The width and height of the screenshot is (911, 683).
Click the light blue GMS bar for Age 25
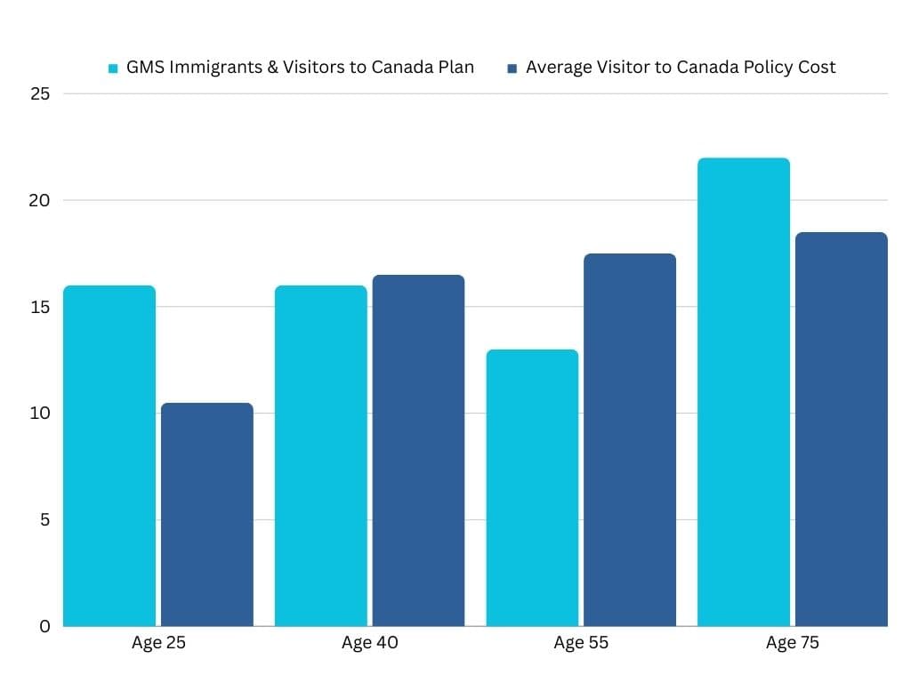tap(109, 455)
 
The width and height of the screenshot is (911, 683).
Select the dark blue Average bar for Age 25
tap(206, 514)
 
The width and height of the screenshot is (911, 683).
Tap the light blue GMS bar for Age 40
tap(320, 455)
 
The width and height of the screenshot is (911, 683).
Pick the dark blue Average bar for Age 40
tap(418, 450)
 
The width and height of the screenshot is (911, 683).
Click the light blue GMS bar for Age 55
tap(532, 487)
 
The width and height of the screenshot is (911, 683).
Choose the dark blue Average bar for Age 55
tap(629, 439)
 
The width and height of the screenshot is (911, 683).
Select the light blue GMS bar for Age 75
tap(743, 391)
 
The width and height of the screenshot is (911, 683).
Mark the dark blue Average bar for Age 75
tap(841, 429)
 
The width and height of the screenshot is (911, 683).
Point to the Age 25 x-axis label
tap(158, 643)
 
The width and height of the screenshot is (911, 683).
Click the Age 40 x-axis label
tap(369, 643)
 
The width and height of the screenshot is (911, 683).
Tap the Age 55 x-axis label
tap(581, 643)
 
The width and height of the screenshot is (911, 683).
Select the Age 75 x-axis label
tap(792, 643)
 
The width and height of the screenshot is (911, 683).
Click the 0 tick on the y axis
tap(44, 626)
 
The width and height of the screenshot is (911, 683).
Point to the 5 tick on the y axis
tap(44, 519)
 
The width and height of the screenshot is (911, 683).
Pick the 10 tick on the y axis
tap(39, 414)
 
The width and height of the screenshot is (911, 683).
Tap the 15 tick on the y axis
tap(39, 307)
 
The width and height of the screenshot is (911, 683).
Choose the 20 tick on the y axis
tap(39, 200)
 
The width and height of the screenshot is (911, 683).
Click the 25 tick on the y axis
tap(39, 94)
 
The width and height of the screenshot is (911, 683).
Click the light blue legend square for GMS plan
tap(113, 68)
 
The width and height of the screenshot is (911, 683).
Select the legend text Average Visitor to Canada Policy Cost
tap(681, 68)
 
